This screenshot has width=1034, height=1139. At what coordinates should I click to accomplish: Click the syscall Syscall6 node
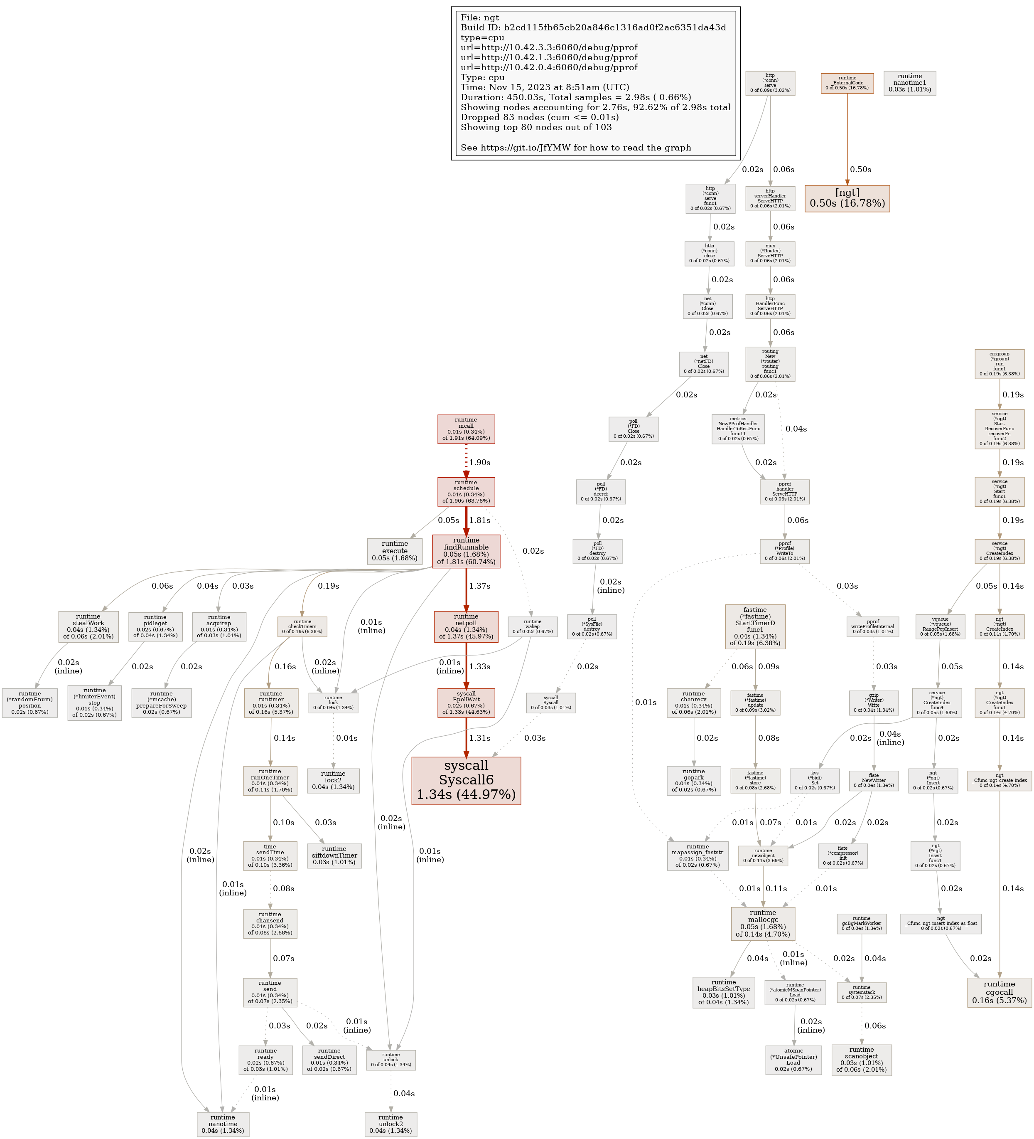tap(466, 780)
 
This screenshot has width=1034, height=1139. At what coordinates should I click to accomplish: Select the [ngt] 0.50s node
tap(847, 198)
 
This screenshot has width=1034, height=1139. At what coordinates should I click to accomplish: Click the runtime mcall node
tap(466, 429)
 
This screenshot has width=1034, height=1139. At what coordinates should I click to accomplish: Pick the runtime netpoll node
tap(466, 626)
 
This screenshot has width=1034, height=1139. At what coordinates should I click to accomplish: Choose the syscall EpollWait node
tap(466, 703)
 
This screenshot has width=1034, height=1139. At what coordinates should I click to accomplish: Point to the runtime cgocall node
tap(999, 992)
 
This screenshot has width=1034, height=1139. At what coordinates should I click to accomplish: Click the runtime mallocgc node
tap(763, 923)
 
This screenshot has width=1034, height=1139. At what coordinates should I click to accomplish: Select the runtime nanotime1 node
tap(909, 83)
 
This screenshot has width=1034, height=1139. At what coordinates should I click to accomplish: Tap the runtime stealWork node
tap(88, 626)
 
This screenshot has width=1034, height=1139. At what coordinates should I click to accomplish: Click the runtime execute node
tap(395, 551)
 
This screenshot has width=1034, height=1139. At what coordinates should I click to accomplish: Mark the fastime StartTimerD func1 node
tap(755, 626)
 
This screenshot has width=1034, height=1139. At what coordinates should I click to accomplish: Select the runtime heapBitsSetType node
tap(723, 992)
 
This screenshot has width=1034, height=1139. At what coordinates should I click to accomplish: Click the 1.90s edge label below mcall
tap(479, 462)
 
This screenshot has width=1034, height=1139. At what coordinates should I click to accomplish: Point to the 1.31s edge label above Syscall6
tap(479, 738)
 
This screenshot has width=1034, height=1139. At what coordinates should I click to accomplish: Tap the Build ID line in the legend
tap(593, 28)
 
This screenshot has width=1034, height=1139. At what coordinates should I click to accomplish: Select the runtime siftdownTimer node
tap(334, 855)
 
